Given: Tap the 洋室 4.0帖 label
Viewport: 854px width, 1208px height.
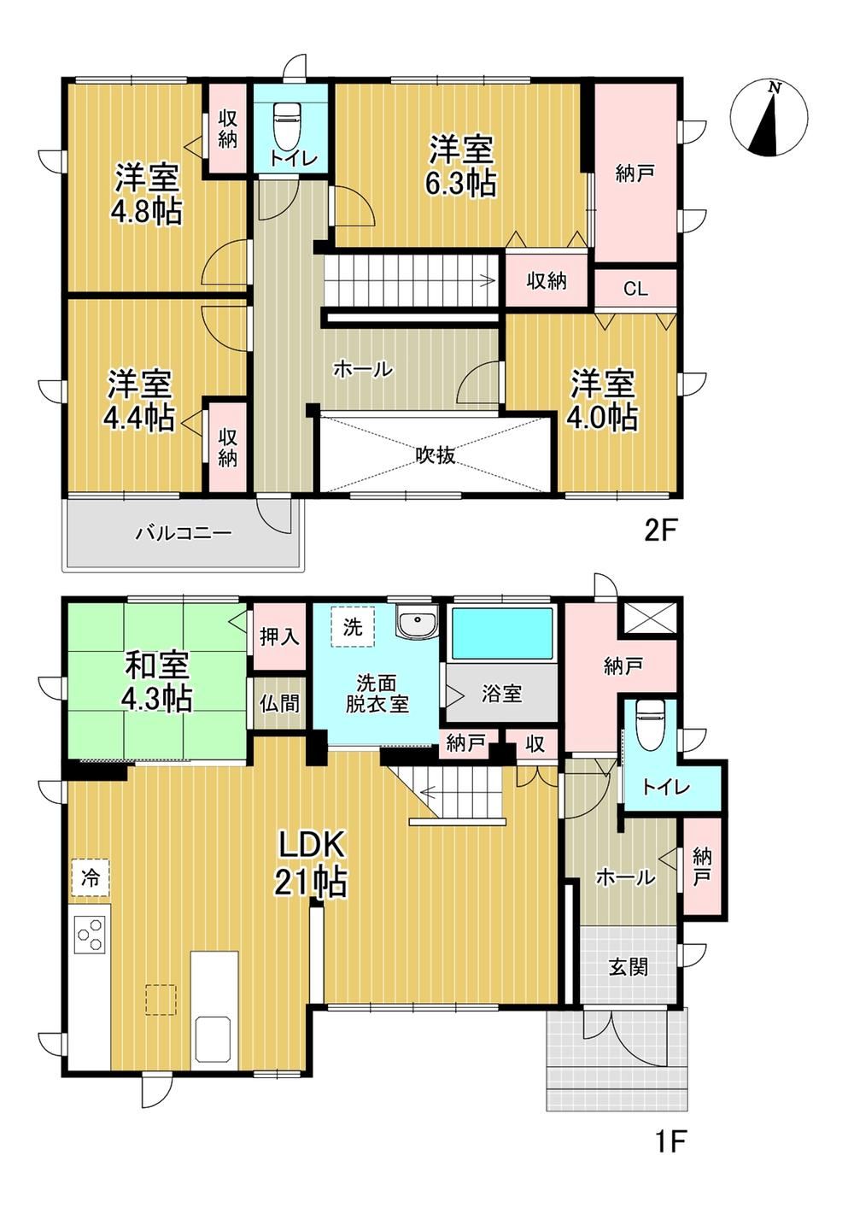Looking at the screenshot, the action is [602, 400].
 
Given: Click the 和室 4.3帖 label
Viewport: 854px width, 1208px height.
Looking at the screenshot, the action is [157, 682].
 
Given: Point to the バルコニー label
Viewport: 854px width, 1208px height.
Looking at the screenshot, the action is [184, 534].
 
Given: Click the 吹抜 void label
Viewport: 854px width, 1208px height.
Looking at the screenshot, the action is [436, 455].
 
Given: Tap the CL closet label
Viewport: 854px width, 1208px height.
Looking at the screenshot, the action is [635, 289].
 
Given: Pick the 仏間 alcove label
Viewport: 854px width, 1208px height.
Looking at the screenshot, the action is [279, 703].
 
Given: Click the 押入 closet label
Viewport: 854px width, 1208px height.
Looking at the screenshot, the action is [279, 637].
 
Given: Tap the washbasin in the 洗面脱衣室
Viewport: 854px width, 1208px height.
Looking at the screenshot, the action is [417, 622].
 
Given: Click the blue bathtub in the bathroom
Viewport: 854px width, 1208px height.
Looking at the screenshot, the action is [502, 634].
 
